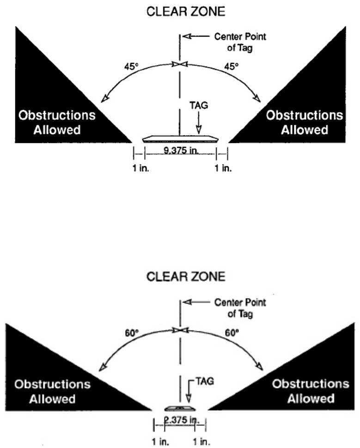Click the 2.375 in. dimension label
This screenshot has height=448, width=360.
(x=179, y=420)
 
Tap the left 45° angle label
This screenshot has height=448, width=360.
(x=130, y=67)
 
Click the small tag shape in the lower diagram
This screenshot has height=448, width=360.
(x=180, y=409)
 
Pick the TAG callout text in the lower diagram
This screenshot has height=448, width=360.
(x=202, y=383)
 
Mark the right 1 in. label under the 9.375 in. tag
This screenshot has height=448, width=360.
(x=223, y=168)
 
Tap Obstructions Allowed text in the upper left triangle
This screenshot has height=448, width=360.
(x=56, y=122)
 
